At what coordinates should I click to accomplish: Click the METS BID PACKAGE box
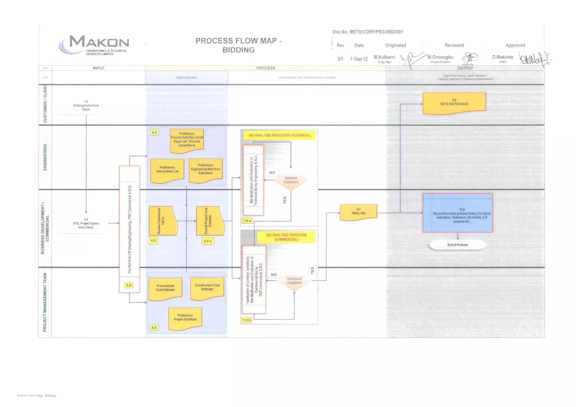(454, 103)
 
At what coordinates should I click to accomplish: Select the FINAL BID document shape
(358, 212)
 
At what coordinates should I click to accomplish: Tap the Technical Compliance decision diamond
(291, 180)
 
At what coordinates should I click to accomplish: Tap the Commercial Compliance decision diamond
(294, 281)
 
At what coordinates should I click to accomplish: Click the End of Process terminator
(457, 245)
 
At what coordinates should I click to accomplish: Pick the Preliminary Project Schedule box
(185, 318)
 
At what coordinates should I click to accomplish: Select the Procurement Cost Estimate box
(165, 288)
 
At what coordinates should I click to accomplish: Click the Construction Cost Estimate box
(207, 288)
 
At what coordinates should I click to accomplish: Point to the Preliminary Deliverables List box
(167, 170)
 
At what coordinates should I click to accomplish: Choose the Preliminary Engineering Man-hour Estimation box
(206, 170)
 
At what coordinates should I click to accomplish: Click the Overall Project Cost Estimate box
(210, 221)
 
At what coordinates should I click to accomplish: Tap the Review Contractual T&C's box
(163, 221)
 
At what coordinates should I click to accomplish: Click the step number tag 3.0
(129, 285)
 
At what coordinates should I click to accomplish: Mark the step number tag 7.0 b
(247, 320)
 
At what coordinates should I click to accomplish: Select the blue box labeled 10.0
(457, 213)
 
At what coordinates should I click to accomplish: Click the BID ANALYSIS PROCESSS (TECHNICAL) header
(279, 135)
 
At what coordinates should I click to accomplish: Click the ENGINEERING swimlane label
(45, 157)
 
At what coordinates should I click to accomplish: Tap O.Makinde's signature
(534, 59)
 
